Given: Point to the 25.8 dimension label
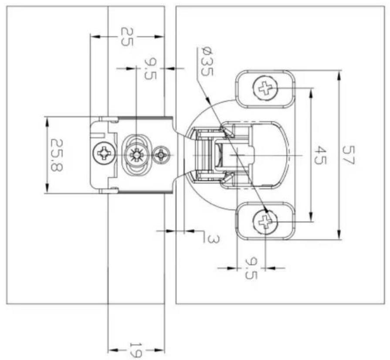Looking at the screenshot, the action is click(57, 155).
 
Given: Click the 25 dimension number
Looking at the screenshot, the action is click(127, 37).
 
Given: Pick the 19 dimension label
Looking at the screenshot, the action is click(136, 350).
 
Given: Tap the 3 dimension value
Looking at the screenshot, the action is click(214, 240).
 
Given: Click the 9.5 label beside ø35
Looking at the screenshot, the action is click(150, 68).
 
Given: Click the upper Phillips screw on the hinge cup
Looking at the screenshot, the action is click(265, 88).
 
